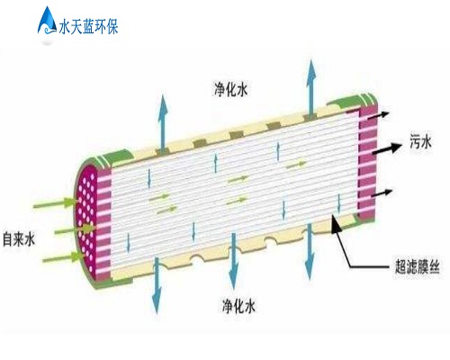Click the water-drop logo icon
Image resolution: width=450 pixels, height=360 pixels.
click(48, 21)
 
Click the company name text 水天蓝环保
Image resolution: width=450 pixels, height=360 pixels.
click(88, 26)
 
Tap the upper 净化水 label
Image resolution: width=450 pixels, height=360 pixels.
click(231, 89)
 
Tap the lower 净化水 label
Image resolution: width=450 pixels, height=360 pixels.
click(238, 306)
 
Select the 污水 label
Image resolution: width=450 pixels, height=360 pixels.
click(420, 141)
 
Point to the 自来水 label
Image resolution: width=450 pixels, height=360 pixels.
click(19, 239)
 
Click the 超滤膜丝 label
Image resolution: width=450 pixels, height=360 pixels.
click(417, 266)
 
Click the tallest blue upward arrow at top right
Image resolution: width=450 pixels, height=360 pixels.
click(311, 88)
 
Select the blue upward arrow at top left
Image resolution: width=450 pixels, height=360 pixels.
click(163, 122)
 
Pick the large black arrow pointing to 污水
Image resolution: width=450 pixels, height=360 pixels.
click(387, 148)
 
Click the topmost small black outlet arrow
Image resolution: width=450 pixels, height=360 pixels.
click(379, 115)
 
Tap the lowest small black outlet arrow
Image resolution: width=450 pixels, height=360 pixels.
click(382, 193)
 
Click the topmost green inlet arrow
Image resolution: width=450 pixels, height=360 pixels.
click(55, 203)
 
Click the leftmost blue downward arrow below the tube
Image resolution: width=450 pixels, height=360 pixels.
click(157, 285)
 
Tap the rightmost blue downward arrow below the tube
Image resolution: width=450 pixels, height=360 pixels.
click(310, 251)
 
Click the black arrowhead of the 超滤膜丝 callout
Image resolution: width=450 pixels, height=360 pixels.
click(336, 224)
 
